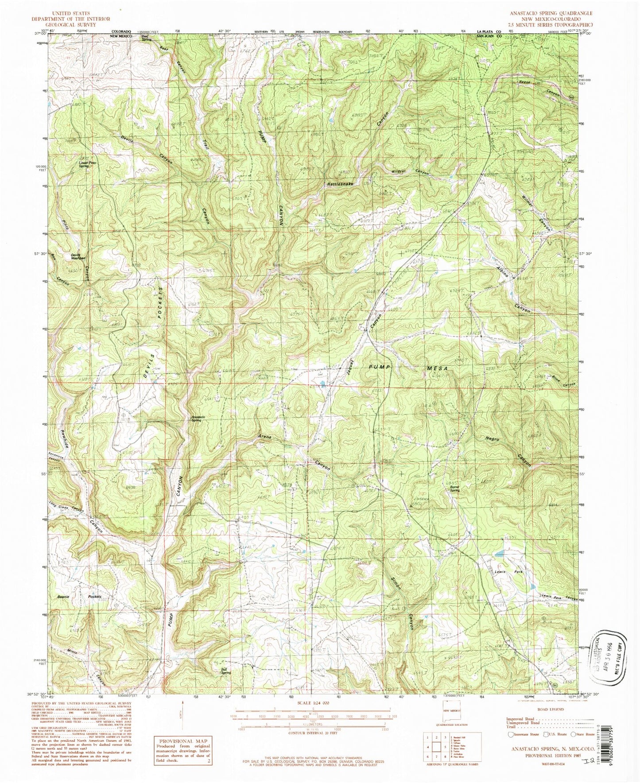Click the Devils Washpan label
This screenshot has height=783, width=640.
coord(78,256)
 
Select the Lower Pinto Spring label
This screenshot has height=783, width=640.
coord(88,163)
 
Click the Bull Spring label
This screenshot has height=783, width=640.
coord(226,671)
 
